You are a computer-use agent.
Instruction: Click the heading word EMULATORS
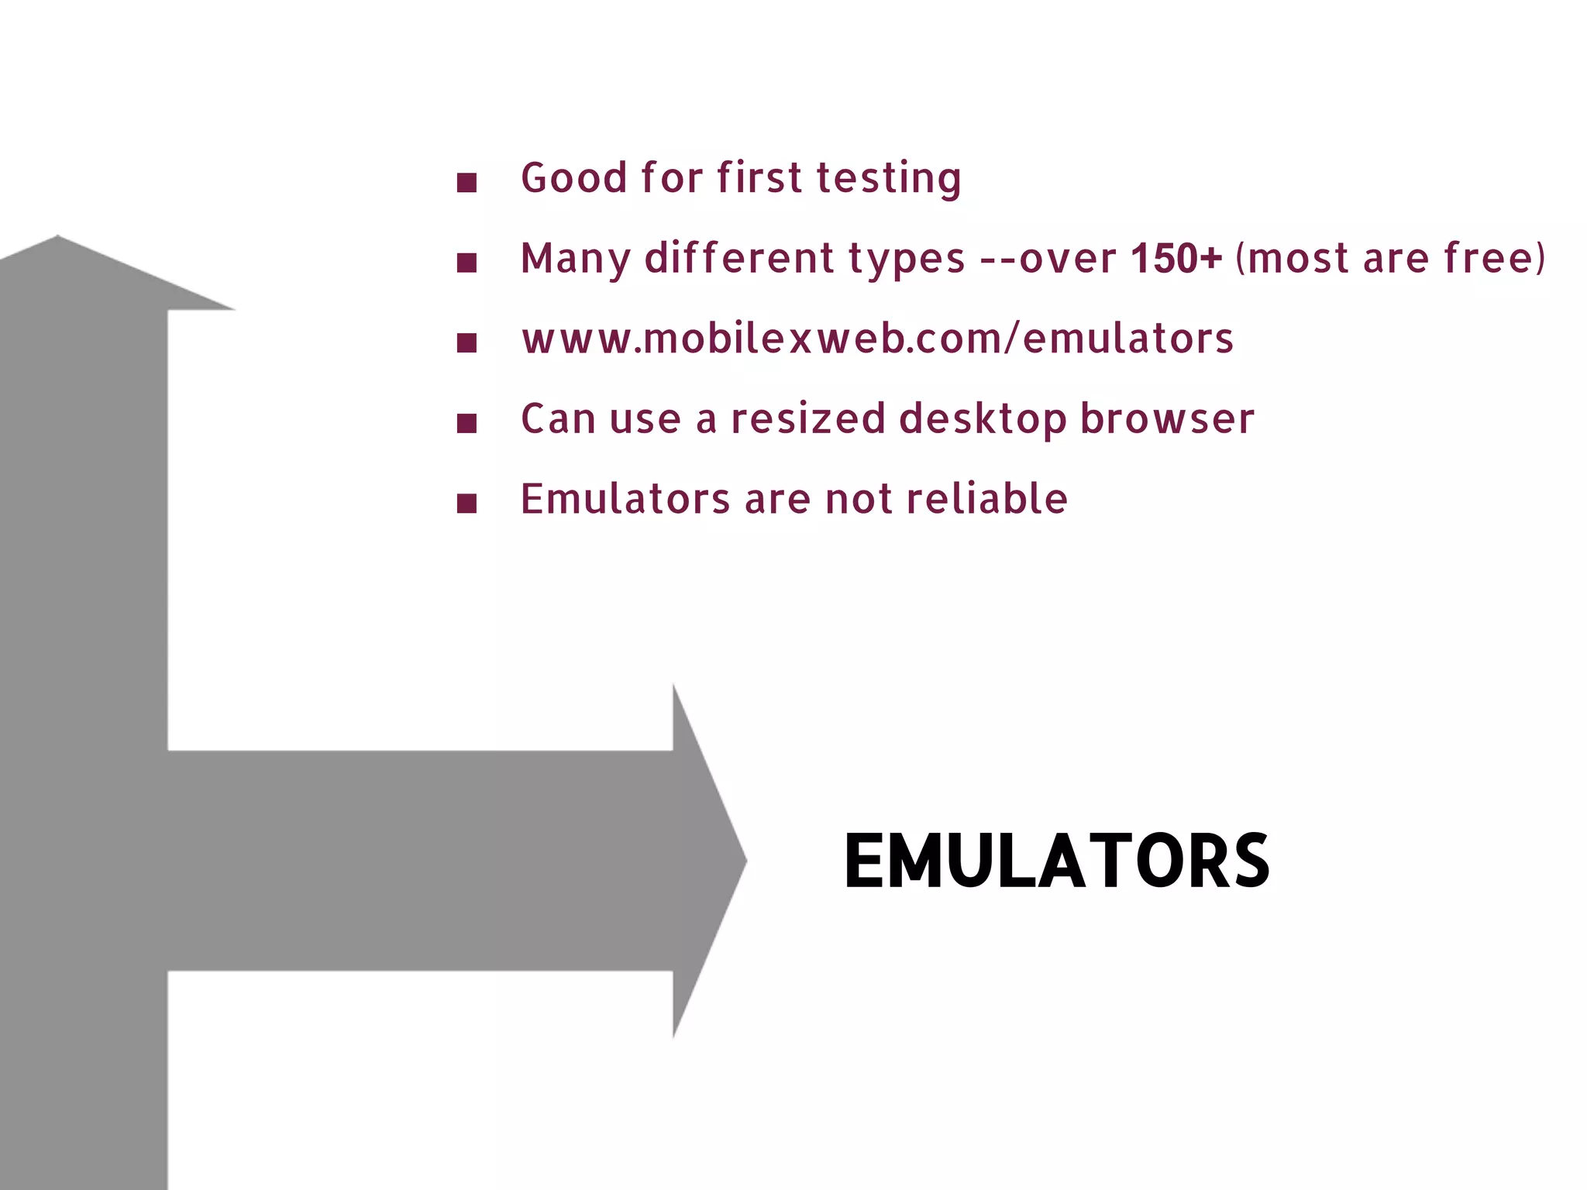coord(1056,861)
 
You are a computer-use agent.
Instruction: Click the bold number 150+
coord(1176,258)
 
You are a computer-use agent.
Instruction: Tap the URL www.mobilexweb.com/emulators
coord(877,339)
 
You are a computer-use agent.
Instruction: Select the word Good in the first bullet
coord(573,178)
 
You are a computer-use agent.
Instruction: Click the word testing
coord(889,178)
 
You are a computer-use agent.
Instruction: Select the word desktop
coord(983,419)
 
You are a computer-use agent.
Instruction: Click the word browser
coord(1167,419)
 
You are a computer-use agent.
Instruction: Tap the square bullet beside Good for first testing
coord(466,183)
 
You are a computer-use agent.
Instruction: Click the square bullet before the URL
coord(466,342)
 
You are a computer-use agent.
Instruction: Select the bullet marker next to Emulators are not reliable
coord(466,504)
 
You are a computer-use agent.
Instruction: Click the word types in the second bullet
coord(907,259)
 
